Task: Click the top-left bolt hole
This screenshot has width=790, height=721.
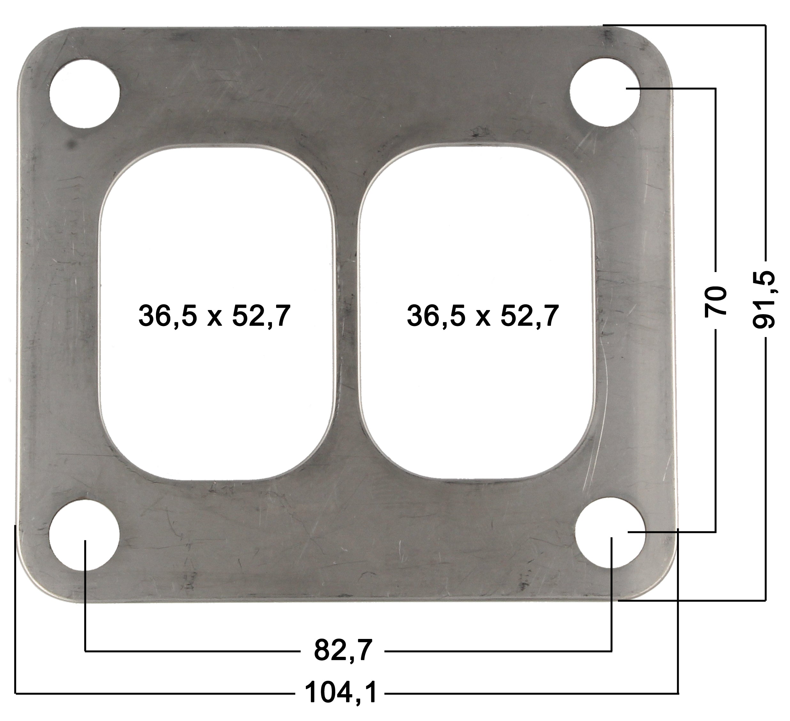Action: click(84, 94)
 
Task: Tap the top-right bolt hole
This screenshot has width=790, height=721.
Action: click(605, 92)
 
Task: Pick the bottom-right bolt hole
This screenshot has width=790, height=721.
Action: click(610, 534)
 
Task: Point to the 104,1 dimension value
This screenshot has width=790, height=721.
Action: click(341, 693)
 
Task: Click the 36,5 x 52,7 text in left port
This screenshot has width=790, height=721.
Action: click(214, 316)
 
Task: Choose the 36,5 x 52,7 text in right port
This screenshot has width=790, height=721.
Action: click(482, 316)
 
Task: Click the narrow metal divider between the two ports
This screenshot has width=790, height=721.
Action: click(347, 313)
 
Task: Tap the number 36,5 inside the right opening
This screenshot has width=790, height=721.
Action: click(436, 316)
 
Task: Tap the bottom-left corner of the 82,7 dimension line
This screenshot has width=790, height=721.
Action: click(85, 651)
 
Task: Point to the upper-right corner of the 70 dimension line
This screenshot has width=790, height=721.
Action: click(716, 89)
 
